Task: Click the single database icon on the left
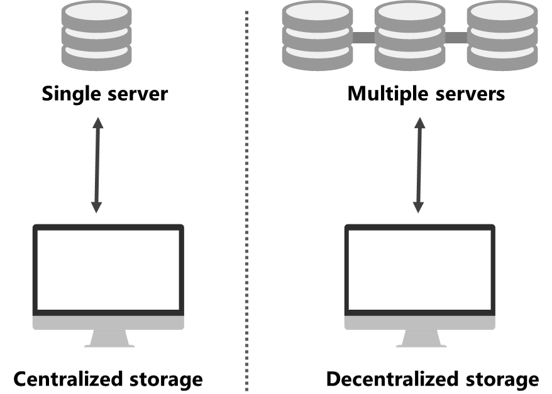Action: coord(97,36)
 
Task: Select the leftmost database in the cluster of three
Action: coord(317,36)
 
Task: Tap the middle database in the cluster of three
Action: coord(410,36)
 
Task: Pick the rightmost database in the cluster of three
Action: coord(502,36)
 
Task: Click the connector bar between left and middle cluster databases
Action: coord(363,38)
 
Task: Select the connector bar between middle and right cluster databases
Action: coord(456,38)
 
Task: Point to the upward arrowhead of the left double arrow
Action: coord(97,123)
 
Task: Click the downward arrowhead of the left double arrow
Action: coord(96,207)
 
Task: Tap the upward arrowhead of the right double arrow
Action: coord(419,123)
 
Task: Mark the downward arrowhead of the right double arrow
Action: coord(418,207)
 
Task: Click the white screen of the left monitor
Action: coord(108,270)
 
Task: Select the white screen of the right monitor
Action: coord(420,270)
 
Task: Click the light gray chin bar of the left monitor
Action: coord(108,322)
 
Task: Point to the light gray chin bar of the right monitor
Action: coord(420,322)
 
